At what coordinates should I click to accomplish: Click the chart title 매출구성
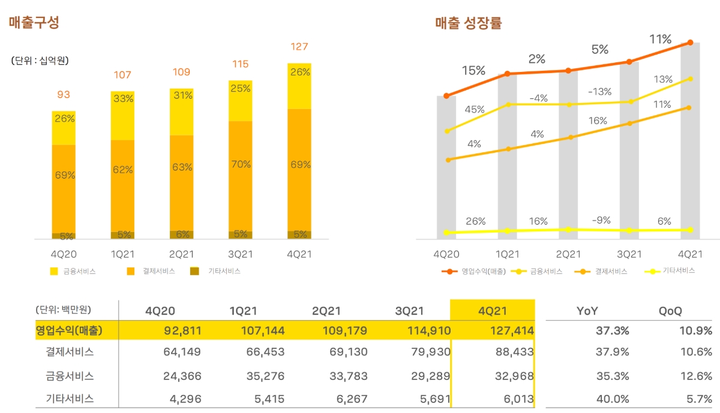point(34,23)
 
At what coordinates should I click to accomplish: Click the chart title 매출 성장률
point(469,23)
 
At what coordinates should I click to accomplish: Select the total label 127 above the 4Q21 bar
point(299,47)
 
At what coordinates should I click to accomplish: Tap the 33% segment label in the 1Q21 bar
point(123,98)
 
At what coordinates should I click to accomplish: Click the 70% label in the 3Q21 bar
point(241,164)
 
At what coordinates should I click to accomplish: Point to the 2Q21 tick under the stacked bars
point(181,254)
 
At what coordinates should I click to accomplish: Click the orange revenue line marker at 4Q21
point(691,43)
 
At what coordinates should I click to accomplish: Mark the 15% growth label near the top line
point(473,71)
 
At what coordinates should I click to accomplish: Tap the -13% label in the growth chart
point(599,92)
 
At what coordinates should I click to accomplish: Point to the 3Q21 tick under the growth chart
point(629,254)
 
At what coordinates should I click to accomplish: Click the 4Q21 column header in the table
point(493,311)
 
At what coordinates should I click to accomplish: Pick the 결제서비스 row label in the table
point(70,352)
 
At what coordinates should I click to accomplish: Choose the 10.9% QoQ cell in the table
point(695,330)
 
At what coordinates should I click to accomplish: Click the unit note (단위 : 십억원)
point(39,61)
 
